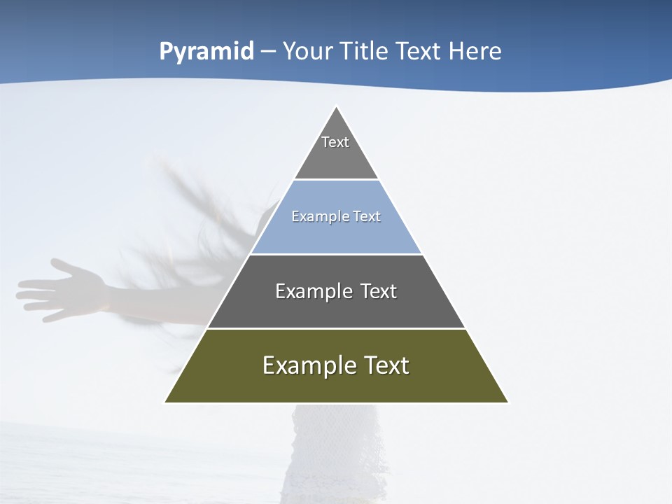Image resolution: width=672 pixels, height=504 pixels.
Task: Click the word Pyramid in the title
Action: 206,52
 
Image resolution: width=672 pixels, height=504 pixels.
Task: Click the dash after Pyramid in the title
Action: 267,52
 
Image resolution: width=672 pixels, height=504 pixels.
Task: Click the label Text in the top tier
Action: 335,142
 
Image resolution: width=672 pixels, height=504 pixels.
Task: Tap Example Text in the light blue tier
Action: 336,216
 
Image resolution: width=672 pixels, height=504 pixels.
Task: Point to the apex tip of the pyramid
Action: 336,107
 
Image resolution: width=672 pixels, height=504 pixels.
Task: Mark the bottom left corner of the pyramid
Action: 165,402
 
